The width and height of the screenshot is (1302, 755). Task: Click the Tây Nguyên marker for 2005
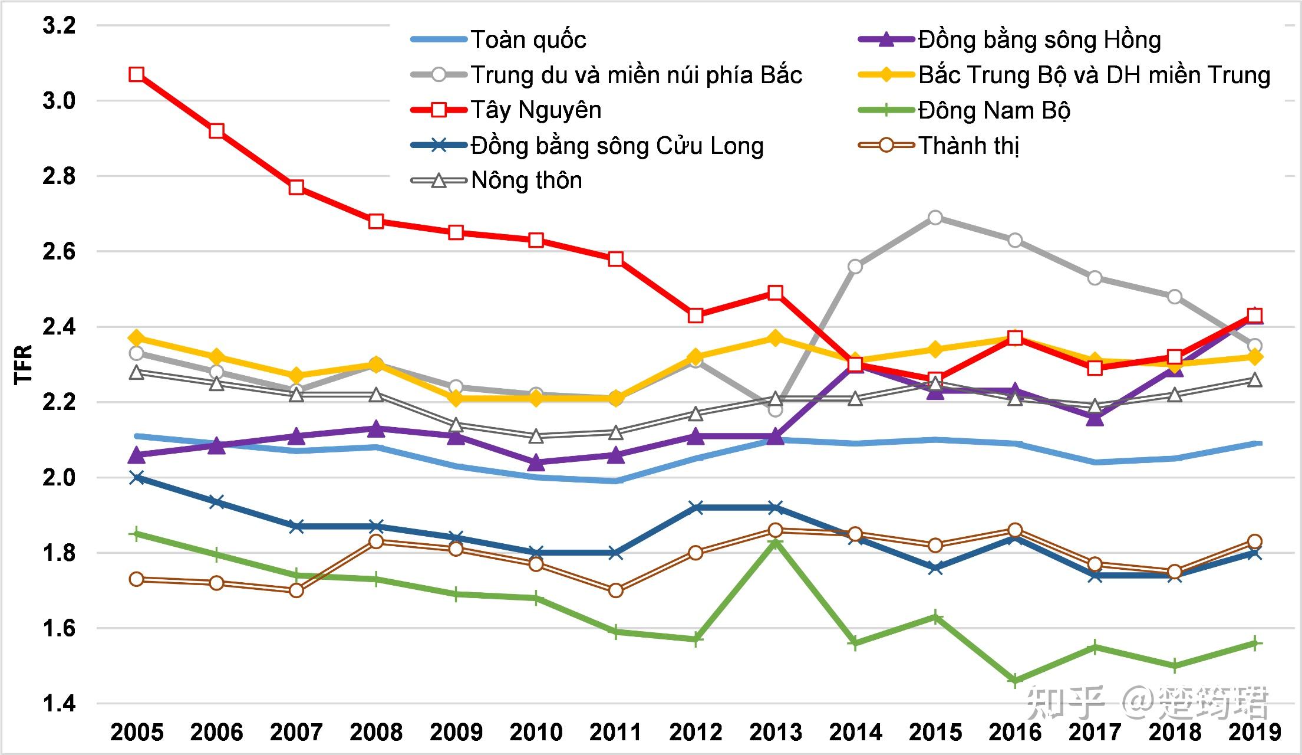pos(137,74)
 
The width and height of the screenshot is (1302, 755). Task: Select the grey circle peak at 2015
pos(935,218)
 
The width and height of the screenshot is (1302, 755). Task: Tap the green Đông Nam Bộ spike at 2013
pos(776,541)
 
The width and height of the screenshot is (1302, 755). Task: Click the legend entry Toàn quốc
pos(528,40)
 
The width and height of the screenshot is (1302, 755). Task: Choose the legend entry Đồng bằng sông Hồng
pos(1039,40)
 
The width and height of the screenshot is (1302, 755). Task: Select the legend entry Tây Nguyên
pos(536,110)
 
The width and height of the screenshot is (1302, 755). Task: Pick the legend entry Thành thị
pos(968,145)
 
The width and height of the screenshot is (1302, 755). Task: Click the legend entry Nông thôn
pos(526,180)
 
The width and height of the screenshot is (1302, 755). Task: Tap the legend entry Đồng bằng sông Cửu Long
pos(617,145)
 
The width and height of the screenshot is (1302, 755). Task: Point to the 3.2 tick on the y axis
pos(59,25)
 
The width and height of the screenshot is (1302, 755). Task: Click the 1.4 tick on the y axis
pos(59,703)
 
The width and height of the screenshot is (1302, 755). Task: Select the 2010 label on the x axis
pos(536,732)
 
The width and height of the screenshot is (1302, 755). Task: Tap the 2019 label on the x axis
pos(1255,732)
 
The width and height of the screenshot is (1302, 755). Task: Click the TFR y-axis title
pos(24,365)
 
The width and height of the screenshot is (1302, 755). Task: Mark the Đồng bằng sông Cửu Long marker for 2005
pos(137,477)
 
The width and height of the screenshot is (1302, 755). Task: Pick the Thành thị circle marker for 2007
pos(296,590)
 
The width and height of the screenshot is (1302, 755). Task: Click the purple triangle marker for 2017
pos(1095,418)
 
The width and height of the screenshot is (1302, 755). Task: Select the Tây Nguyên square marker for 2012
pos(696,316)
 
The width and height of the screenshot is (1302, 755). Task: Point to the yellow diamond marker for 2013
pos(776,338)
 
